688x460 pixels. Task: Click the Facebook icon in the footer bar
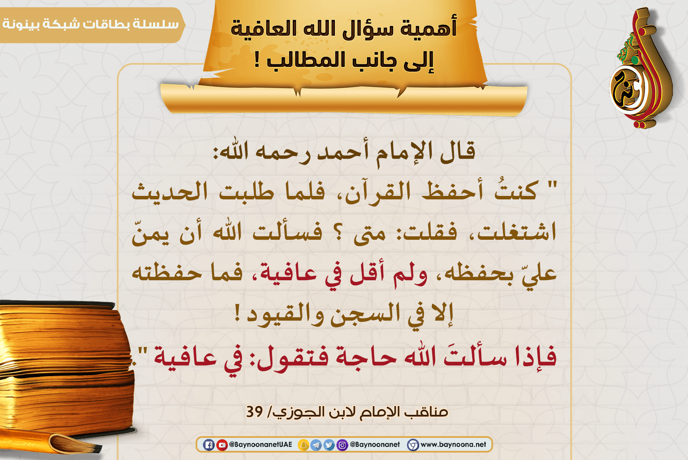pyautogui.click(x=208, y=445)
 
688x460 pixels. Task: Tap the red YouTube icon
pyautogui.click(x=222, y=445)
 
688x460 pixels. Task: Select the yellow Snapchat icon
pyautogui.click(x=303, y=445)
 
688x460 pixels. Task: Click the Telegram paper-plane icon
pyautogui.click(x=316, y=445)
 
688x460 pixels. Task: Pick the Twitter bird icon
pyautogui.click(x=329, y=445)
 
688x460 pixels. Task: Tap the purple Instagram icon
pyautogui.click(x=342, y=445)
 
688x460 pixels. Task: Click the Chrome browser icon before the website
pyautogui.click(x=413, y=445)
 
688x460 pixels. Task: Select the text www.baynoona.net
pyautogui.click(x=453, y=444)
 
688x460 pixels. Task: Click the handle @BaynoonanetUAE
pyautogui.click(x=261, y=444)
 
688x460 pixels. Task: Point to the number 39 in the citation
pyautogui.click(x=255, y=411)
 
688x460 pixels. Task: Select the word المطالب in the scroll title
pyautogui.click(x=309, y=60)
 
